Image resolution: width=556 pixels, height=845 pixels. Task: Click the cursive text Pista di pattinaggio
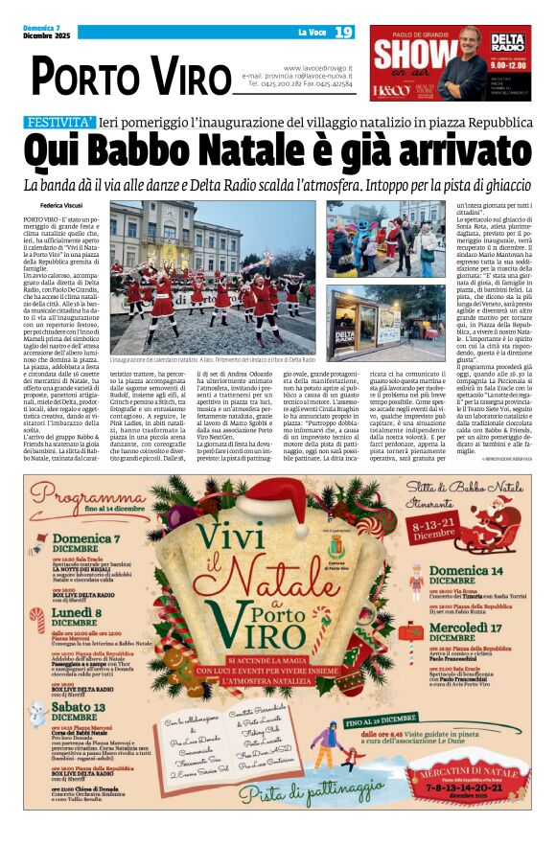(x=276, y=793)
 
